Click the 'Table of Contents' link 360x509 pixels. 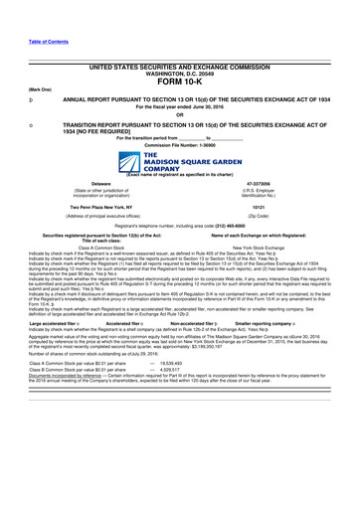point(47,42)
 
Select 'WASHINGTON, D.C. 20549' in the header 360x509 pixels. point(179,74)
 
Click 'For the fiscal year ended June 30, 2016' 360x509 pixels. point(179,105)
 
